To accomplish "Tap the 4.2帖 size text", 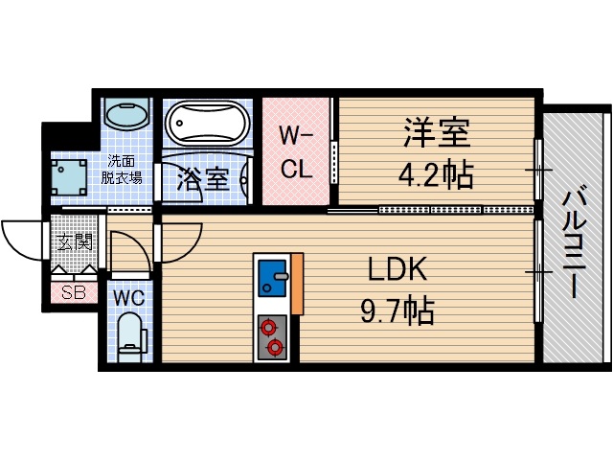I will coord(435,174).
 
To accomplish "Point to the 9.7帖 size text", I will coord(397,311).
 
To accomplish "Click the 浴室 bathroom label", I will coord(204,177).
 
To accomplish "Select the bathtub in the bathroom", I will coord(208,124).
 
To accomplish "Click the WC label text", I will coord(129,296).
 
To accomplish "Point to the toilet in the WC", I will coord(130,336).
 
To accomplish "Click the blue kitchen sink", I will coord(273,279).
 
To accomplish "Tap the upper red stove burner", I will coord(267,327).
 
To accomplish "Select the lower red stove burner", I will coord(276,346).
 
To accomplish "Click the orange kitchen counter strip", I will coord(297,285).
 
